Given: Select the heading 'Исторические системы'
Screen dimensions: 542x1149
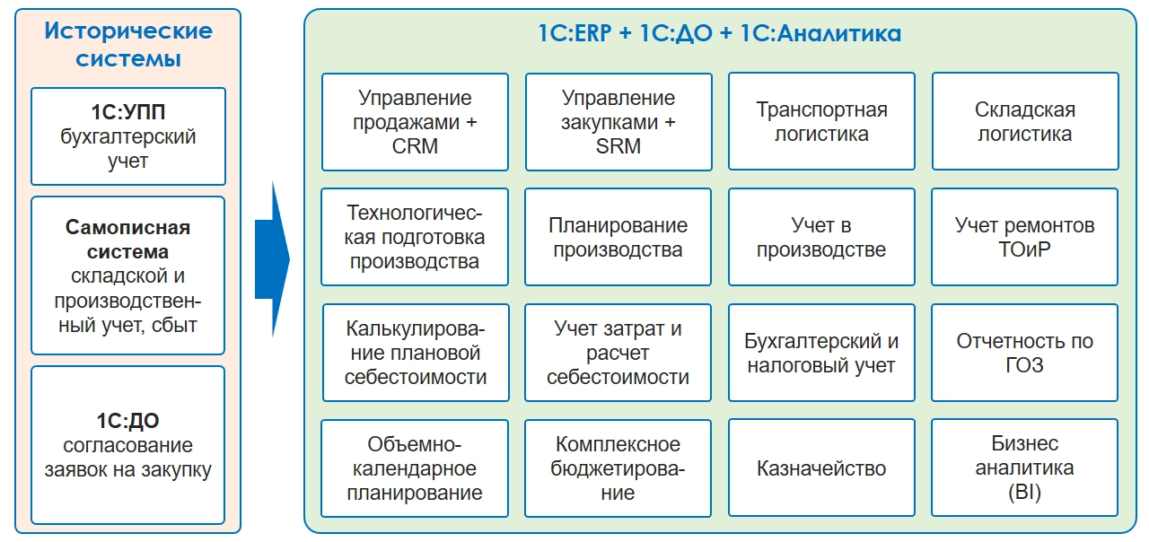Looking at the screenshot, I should coord(128,45).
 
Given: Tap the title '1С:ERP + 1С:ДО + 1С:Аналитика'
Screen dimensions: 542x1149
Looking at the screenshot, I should coord(719,34).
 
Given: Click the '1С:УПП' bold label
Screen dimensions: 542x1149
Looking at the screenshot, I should coord(128,113).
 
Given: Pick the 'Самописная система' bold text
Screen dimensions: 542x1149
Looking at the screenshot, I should coord(128,240).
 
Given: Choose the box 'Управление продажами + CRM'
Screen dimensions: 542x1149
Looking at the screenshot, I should coord(415,122).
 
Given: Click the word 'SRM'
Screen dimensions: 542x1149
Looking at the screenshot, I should coord(618,146).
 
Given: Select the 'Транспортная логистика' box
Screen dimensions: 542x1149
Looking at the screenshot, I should coord(821,122).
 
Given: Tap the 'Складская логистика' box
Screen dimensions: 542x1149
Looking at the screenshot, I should coord(1024,122).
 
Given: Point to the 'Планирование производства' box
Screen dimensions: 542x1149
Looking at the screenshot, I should coord(618,237).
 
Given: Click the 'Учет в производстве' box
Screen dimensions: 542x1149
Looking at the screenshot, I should coord(821,237).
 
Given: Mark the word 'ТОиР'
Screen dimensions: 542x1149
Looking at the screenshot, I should coord(1024,249).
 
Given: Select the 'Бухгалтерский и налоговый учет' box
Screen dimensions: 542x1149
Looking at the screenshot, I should coord(821,353).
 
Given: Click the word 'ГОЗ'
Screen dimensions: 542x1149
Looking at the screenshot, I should coord(1024,365).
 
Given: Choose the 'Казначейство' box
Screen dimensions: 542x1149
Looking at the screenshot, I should coord(821,468).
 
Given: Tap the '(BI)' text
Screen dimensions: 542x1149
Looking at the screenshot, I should coord(1024,493).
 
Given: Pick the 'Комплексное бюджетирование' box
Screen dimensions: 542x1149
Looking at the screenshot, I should coord(618,468).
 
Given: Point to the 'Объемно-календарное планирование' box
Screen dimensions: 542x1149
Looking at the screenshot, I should coord(415,468).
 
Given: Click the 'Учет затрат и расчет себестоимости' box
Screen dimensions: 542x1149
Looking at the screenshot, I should coord(618,353).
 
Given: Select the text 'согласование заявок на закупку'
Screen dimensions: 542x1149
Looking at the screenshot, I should coord(128,458).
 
